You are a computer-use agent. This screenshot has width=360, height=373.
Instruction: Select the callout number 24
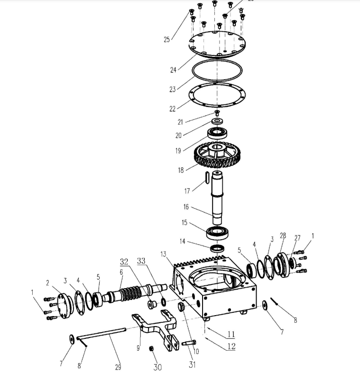(173, 70)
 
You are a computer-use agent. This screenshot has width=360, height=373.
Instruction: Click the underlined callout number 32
(124, 261)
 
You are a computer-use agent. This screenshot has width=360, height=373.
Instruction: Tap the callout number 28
(283, 236)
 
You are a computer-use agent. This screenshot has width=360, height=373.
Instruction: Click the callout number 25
(167, 40)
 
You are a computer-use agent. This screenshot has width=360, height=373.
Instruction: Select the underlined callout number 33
(141, 261)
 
